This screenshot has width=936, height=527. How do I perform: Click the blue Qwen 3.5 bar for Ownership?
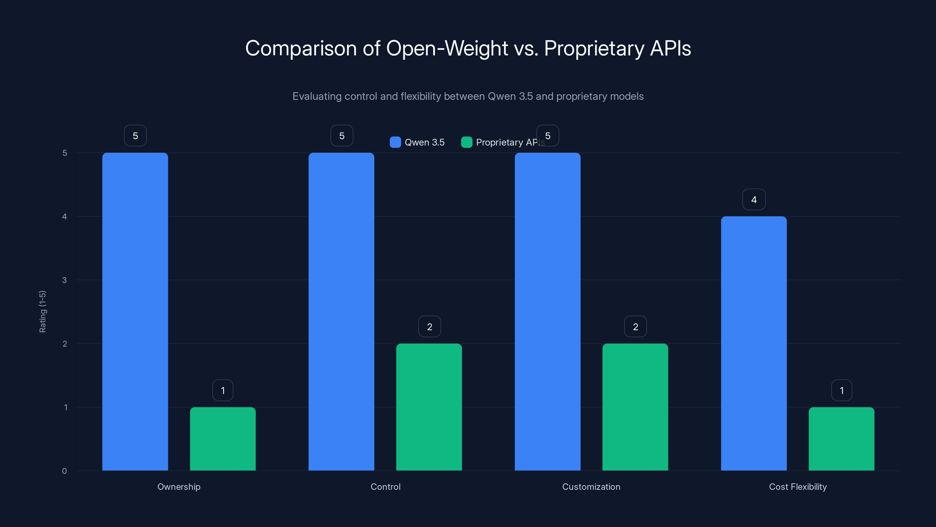(x=135, y=311)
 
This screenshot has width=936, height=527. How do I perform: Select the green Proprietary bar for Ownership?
(x=223, y=439)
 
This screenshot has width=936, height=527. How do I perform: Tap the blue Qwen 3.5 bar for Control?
(x=341, y=311)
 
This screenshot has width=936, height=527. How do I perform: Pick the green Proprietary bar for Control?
(x=429, y=407)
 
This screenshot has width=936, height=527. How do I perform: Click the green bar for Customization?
(x=635, y=407)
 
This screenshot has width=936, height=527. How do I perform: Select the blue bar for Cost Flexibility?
(x=753, y=343)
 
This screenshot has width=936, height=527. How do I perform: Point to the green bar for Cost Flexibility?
(x=841, y=439)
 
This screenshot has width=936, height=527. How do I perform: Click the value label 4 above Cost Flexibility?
(x=753, y=199)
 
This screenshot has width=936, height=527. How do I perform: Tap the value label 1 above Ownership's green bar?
(x=223, y=390)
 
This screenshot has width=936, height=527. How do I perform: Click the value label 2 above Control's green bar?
(x=429, y=327)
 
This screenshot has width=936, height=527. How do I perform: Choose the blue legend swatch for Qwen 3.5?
(x=395, y=142)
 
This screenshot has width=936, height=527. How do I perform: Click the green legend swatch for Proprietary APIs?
(x=466, y=142)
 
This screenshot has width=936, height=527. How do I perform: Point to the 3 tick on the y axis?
(x=64, y=280)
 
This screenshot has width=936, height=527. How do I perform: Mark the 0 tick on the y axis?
(x=64, y=471)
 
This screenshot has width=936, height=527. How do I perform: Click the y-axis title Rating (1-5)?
(x=42, y=311)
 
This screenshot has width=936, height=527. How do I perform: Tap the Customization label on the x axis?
(x=591, y=487)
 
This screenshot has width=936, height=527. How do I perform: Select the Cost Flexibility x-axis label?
(x=798, y=487)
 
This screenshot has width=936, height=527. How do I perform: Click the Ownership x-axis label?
(x=179, y=487)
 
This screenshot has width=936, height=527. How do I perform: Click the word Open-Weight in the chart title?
(x=447, y=48)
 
